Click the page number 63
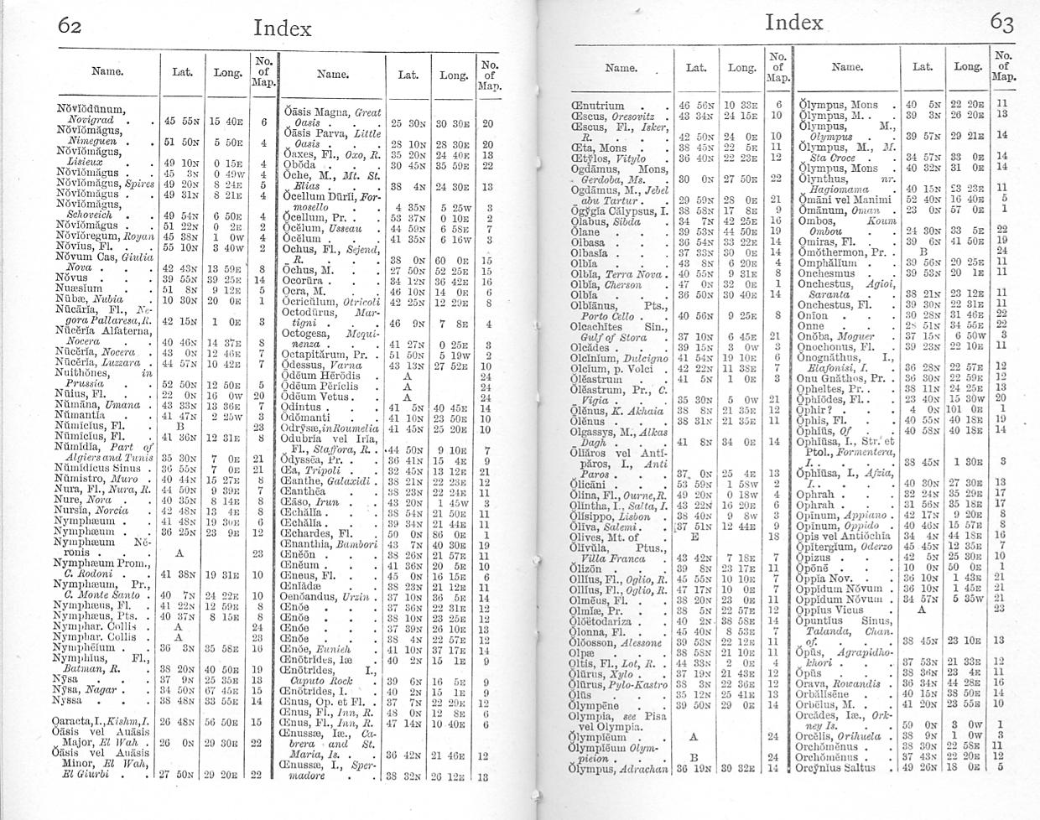click(1001, 23)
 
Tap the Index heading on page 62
click(282, 28)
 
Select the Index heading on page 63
click(793, 22)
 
